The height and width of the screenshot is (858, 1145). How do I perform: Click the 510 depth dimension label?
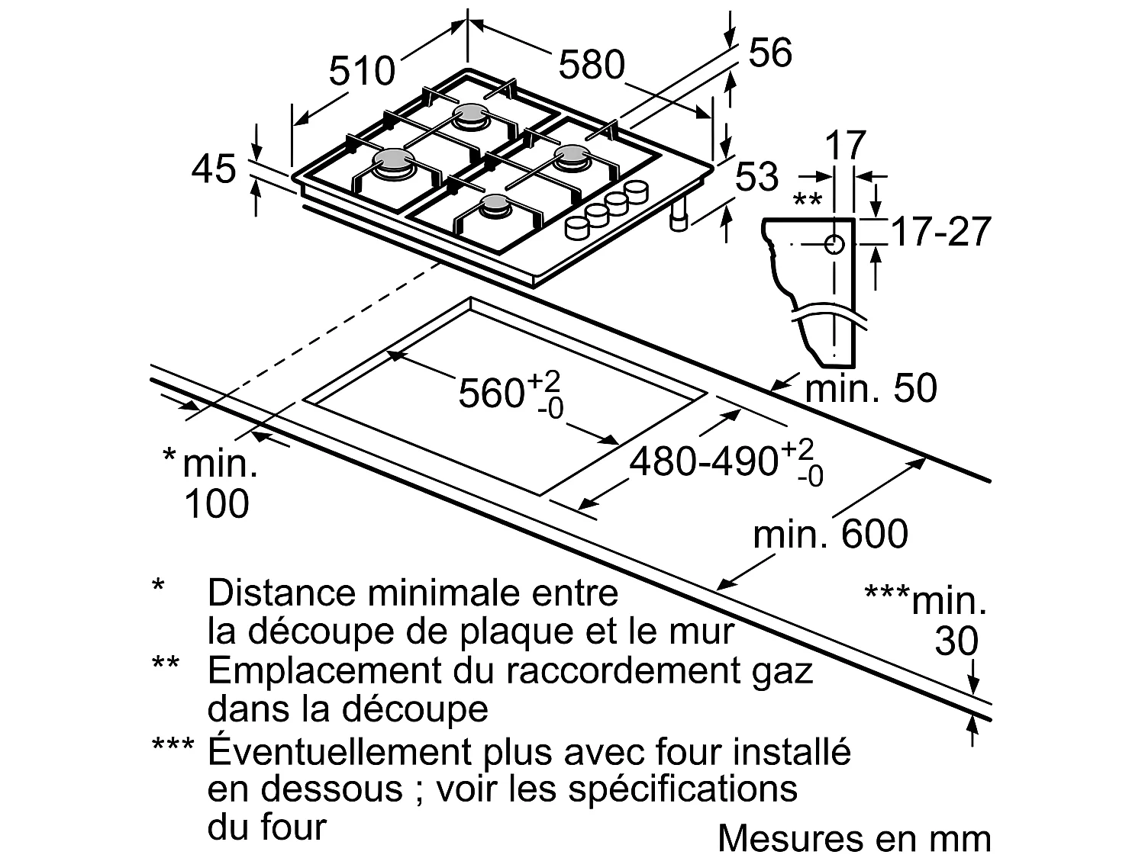[362, 71]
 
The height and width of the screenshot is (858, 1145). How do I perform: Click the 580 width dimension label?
[592, 65]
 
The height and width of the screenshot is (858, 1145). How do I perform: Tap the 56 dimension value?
[769, 53]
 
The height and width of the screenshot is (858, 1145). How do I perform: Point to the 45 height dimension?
[214, 169]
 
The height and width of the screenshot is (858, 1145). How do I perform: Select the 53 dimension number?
[756, 177]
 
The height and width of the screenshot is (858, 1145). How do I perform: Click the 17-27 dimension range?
[940, 231]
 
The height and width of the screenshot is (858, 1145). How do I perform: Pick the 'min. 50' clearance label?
[871, 388]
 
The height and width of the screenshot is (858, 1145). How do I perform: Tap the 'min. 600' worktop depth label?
[831, 535]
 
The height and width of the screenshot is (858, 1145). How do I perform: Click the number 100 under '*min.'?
[217, 504]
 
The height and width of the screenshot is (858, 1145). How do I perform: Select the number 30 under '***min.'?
[956, 641]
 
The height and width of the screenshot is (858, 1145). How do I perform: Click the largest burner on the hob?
[394, 160]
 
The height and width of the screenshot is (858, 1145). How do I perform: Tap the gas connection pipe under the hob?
[678, 217]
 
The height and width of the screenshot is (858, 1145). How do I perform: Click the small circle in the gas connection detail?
[834, 244]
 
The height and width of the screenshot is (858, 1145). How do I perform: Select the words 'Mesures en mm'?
[854, 838]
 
